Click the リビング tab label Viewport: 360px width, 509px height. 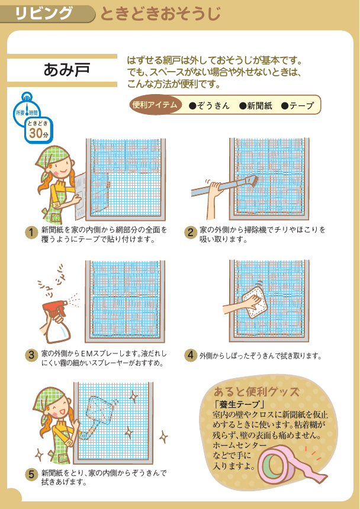coord(44,14)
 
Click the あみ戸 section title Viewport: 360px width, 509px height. coord(66,69)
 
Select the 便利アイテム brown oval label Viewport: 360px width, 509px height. coord(155,105)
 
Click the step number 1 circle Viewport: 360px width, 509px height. coord(31,233)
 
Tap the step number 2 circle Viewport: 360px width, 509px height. coord(191,233)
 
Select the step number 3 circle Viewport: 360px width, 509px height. coord(31,355)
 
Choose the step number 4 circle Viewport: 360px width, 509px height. coord(191,355)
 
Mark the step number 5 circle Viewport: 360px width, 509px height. coord(31,475)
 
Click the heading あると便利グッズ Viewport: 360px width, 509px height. coord(256,392)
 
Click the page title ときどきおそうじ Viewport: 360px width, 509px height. coord(160,14)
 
